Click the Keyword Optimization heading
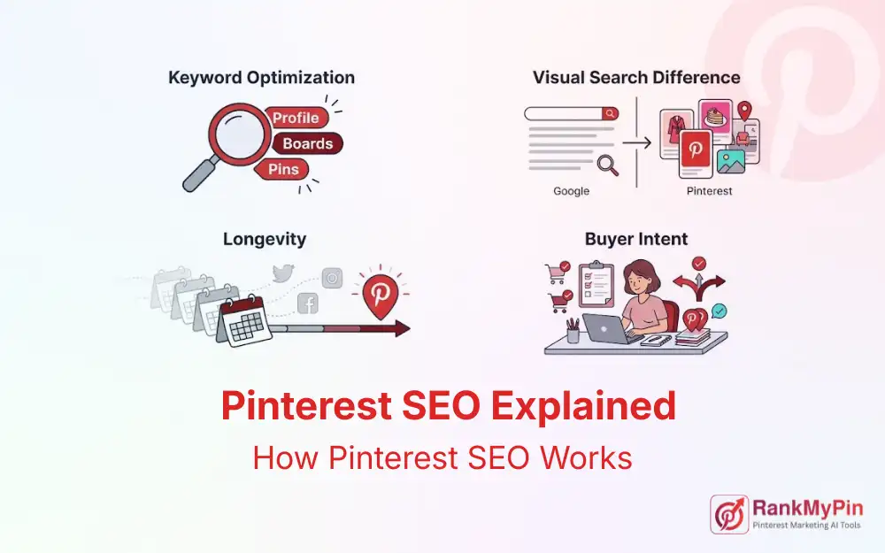pyautogui.click(x=261, y=78)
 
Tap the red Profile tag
pyautogui.click(x=295, y=118)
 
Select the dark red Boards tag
pyautogui.click(x=307, y=143)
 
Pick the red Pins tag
pyautogui.click(x=283, y=169)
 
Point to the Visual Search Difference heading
pyautogui.click(x=636, y=78)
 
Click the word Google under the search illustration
pyautogui.click(x=571, y=191)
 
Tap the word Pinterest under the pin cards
pyautogui.click(x=709, y=191)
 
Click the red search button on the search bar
pyautogui.click(x=611, y=113)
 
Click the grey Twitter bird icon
pyautogui.click(x=282, y=275)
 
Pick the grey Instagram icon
pyautogui.click(x=332, y=277)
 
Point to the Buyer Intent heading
pyautogui.click(x=636, y=239)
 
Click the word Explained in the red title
pyautogui.click(x=583, y=407)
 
